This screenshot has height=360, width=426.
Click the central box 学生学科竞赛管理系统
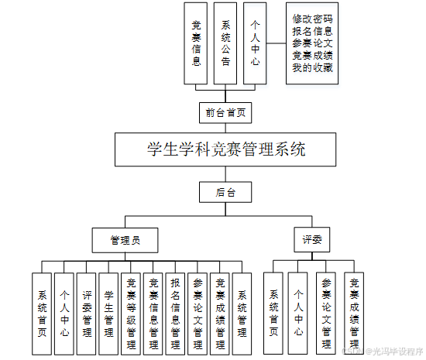tap(226, 149)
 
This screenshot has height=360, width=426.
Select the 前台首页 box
tap(226, 112)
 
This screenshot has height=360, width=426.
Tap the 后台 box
tap(226, 191)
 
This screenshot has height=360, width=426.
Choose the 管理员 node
tap(125, 239)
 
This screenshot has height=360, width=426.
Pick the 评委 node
tap(311, 239)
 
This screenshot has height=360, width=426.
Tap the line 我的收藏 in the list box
tap(313, 68)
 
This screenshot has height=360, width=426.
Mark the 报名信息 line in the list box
tap(313, 31)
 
